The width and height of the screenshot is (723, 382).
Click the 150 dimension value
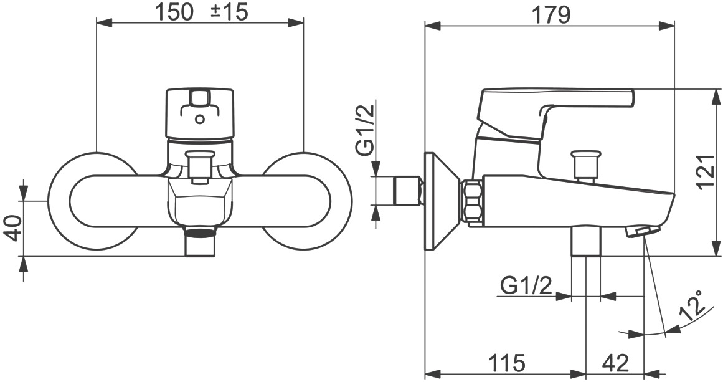pyautogui.click(x=174, y=12)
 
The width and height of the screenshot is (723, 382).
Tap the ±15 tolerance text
pyautogui.click(x=229, y=12)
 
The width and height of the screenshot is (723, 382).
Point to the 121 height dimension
pyautogui.click(x=706, y=171)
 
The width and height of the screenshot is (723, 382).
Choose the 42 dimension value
pyautogui.click(x=615, y=363)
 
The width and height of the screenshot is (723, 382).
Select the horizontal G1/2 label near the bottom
pyautogui.click(x=526, y=287)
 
